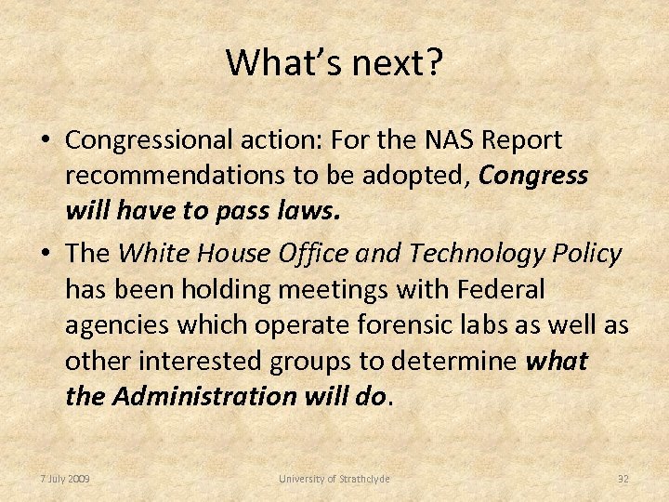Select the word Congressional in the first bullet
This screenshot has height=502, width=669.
coord(154,140)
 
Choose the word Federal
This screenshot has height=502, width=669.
coord(502,289)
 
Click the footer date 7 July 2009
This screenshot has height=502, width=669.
coord(65,479)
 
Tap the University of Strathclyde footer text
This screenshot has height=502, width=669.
coord(334,479)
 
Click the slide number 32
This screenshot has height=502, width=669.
coord(623,479)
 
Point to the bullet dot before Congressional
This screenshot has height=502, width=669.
coord(45,141)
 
